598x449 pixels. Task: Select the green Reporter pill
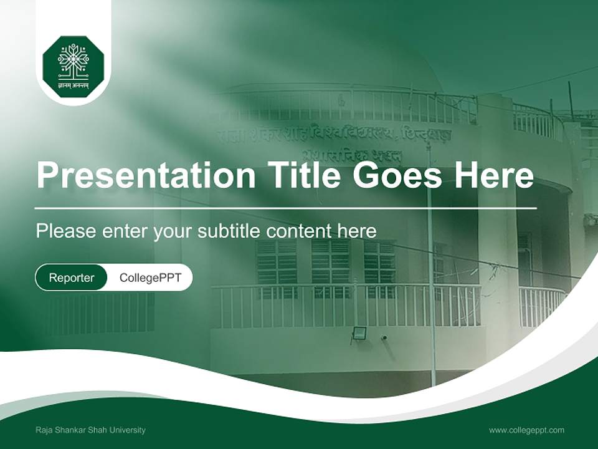coord(71,278)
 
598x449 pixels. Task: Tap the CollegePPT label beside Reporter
coord(150,278)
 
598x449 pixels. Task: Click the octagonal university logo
coord(74,67)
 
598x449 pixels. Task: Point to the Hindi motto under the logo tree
coord(74,86)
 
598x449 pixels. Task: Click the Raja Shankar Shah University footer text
coord(90,430)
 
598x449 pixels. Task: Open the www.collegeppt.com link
coord(526,430)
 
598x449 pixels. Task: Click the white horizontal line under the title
coord(286,208)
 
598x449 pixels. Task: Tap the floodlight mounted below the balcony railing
coord(359,333)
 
